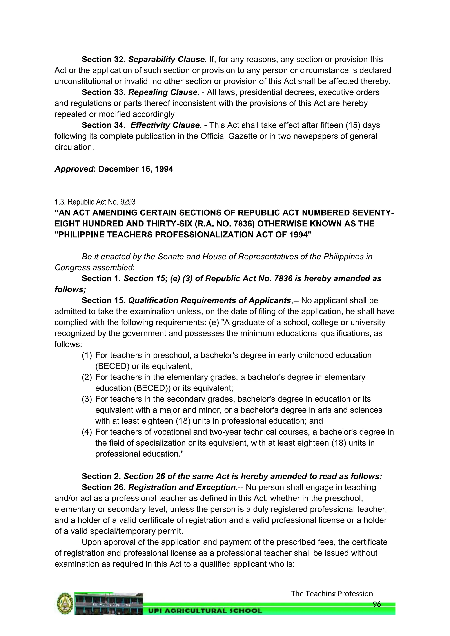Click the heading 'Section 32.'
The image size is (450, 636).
click(104, 60)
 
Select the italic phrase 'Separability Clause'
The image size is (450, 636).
click(166, 60)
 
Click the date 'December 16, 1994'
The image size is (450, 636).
click(136, 169)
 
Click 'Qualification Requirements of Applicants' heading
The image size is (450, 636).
click(209, 301)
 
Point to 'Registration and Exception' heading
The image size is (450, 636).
click(182, 487)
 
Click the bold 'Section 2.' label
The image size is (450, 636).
click(101, 476)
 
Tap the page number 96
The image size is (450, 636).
click(377, 604)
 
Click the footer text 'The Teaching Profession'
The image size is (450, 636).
click(332, 593)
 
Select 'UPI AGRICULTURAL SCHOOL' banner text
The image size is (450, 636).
click(205, 611)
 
